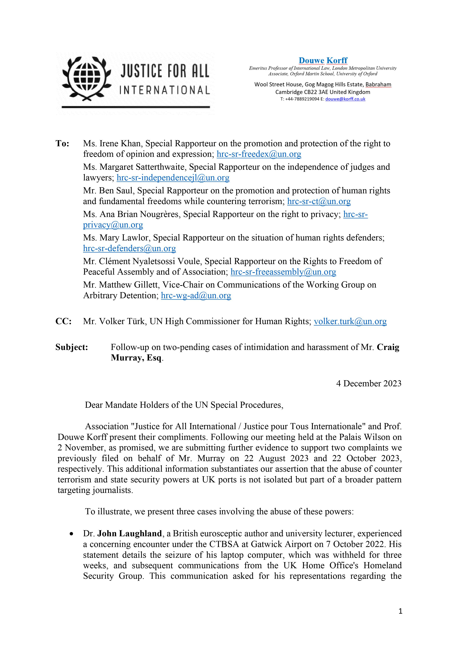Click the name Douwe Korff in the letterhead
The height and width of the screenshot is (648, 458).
(323, 60)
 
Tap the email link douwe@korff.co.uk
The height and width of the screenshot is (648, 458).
(345, 99)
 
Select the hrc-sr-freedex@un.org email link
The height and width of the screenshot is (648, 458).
(259, 154)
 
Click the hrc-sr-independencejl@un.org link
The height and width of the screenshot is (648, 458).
(173, 178)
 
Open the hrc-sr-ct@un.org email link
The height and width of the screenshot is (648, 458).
(319, 201)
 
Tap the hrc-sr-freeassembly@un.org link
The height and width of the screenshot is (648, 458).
(283, 272)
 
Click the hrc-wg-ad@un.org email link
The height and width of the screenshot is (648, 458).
(196, 295)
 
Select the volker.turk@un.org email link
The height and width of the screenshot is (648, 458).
(350, 322)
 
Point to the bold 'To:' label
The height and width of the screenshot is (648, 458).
(62, 144)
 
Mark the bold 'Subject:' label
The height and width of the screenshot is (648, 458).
(72, 347)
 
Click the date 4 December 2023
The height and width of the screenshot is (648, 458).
(368, 384)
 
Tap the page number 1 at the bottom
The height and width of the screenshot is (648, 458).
(400, 619)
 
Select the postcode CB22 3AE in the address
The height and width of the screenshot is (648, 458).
(312, 92)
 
